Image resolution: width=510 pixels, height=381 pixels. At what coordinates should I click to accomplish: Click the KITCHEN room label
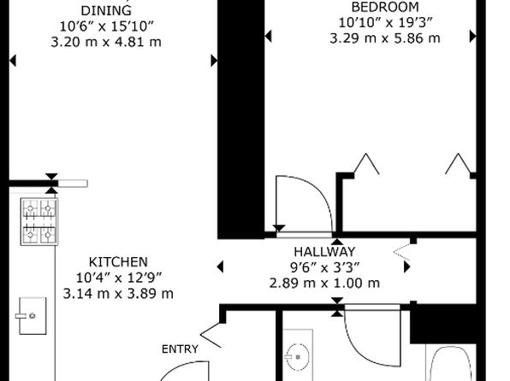tap(118, 262)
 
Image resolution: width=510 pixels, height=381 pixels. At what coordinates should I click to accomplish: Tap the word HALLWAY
tap(324, 252)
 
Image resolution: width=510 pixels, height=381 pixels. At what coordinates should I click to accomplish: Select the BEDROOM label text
tap(385, 7)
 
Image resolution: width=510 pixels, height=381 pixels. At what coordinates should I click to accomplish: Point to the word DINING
tap(106, 11)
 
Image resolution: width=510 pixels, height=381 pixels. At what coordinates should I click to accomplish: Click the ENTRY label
tap(180, 349)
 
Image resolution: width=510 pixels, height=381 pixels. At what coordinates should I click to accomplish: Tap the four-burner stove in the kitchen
tap(39, 221)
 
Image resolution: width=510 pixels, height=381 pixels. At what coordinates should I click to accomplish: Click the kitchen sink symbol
tap(32, 316)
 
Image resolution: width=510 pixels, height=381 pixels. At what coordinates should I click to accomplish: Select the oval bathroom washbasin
tap(297, 357)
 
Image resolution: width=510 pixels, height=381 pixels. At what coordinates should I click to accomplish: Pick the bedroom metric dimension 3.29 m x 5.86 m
tap(385, 38)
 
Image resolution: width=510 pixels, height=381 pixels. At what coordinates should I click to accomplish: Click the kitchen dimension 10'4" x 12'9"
tap(118, 278)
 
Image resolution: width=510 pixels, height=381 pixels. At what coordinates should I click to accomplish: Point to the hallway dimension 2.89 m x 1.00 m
tap(324, 283)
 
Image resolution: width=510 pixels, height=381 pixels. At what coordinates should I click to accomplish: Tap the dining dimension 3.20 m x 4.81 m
tap(106, 42)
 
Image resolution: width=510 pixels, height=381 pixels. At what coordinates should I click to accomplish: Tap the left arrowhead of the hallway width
tap(220, 267)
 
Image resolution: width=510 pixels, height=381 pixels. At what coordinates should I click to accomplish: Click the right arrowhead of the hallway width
tap(407, 267)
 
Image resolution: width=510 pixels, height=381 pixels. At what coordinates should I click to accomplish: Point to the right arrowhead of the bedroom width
tap(473, 36)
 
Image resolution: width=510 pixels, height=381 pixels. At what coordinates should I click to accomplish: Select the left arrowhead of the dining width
tap(13, 61)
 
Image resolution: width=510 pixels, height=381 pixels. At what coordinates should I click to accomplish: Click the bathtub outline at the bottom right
tap(451, 363)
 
